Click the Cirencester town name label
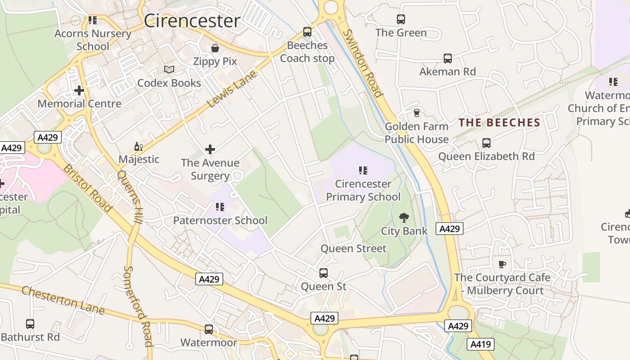pos(192,21)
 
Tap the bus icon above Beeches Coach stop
pos(307,32)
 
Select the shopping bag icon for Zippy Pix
pos(215,48)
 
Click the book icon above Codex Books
pos(169,70)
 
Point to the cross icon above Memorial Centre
pos(79,90)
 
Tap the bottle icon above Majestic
pos(139,146)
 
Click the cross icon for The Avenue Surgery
pos(210,149)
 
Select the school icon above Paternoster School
pos(220,207)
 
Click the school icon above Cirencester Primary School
pos(363,171)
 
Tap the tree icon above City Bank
pos(404,218)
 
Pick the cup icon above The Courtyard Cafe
pos(502,264)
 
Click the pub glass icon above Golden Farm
pos(417,113)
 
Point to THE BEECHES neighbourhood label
pos(499,123)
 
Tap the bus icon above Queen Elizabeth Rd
pos(486,143)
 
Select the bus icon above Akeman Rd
pos(448,58)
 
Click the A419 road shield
pos(481,345)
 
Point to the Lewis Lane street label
pos(232,89)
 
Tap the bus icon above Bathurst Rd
pos(30,324)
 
